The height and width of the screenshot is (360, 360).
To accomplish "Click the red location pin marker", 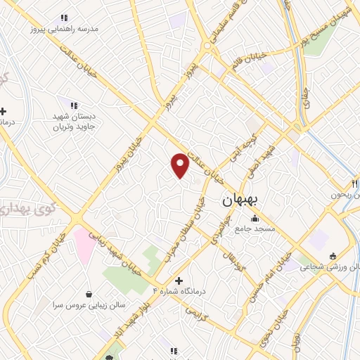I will [181, 165].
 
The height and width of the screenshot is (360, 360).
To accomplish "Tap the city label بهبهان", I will [240, 200].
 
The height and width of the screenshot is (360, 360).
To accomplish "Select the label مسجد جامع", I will [255, 229].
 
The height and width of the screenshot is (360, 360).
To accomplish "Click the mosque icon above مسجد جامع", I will [255, 218].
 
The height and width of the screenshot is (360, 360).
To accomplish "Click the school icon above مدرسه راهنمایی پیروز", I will [64, 18].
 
